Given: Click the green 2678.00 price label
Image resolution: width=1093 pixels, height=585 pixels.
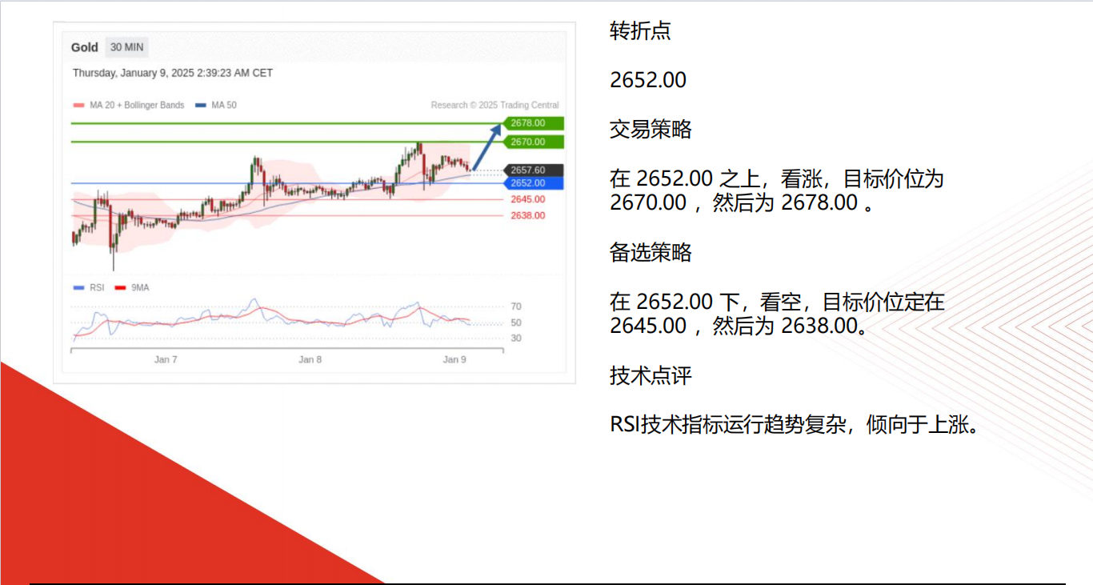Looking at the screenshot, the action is coord(534,123).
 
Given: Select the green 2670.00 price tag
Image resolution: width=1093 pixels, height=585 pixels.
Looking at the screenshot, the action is coord(534,142).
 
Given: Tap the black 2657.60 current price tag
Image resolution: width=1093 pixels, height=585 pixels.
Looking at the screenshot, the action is coord(534,170).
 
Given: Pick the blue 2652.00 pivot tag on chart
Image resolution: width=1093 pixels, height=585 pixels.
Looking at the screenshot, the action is coord(534,183).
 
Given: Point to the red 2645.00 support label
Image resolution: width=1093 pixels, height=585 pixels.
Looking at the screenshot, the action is coord(528,199).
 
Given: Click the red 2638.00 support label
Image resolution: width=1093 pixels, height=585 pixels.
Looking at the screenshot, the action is coord(528,215).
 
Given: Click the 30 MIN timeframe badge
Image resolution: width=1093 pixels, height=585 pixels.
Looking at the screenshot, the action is coord(127,47).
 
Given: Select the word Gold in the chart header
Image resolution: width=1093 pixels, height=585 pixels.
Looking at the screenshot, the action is coord(84,47).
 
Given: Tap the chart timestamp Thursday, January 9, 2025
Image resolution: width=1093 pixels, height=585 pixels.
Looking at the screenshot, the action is coord(172,73).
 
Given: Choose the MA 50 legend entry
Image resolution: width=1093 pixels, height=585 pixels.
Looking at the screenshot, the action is coord(216,105).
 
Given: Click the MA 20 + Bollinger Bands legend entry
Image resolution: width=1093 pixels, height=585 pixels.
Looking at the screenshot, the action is coord(128,105).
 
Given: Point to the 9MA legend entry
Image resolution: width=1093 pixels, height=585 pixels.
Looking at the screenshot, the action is coord(132,288).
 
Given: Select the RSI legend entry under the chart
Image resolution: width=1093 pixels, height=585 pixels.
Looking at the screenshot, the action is coord(88,288).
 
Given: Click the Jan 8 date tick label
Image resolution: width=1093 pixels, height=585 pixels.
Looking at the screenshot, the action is coord(310,359).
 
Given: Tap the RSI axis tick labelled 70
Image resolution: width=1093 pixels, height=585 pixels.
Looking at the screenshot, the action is coord(516,307).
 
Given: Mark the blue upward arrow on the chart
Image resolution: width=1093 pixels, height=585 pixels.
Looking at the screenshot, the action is coord(486,147).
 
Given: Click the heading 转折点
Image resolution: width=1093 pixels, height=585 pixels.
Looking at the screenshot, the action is coord(640,30).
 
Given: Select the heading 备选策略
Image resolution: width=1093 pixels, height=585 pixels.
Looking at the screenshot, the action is coord(651,252).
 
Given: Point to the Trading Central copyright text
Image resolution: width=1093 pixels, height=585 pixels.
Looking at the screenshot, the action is coord(494,105).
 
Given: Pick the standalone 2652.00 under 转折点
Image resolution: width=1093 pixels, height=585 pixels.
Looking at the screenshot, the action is coord(648,80).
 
